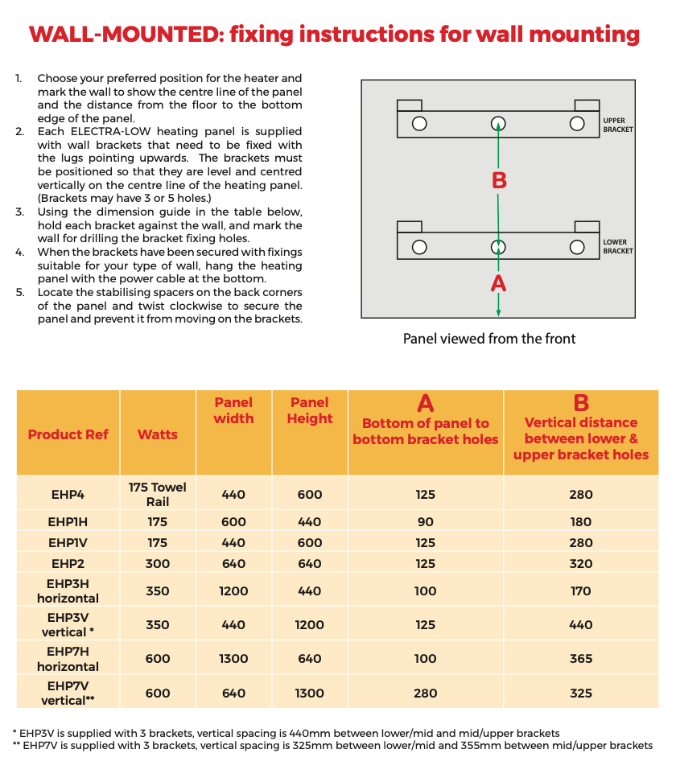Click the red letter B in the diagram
point(499,180)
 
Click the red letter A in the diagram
point(499,283)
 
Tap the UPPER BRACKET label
point(618,125)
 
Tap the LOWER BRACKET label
point(618,246)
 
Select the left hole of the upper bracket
point(419,124)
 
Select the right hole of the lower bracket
point(576,247)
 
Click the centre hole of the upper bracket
point(499,124)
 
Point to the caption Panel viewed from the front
point(488,339)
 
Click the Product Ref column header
point(68,434)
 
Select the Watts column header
point(158,434)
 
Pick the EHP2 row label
point(68,564)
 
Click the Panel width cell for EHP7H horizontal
point(233,659)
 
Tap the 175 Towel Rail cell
point(158,494)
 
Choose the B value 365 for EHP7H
point(581,659)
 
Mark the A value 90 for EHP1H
point(426,522)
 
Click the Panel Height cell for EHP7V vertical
point(310,693)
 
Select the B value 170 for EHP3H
point(581,591)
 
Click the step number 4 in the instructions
point(19,253)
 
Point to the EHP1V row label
point(68,543)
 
